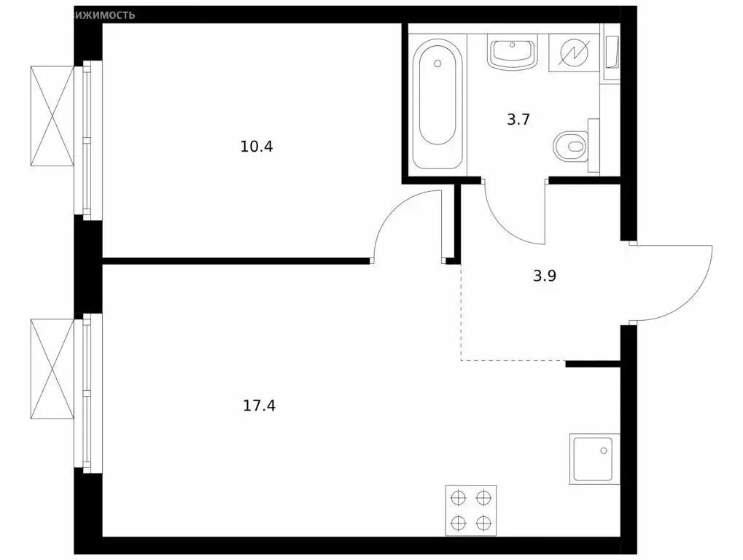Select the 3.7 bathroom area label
[518, 119]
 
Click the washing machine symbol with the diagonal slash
[573, 53]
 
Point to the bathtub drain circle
[437, 63]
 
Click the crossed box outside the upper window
[52, 115]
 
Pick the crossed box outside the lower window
[52, 368]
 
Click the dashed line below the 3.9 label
[510, 360]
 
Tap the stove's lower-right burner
[483, 522]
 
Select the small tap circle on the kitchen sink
[604, 451]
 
